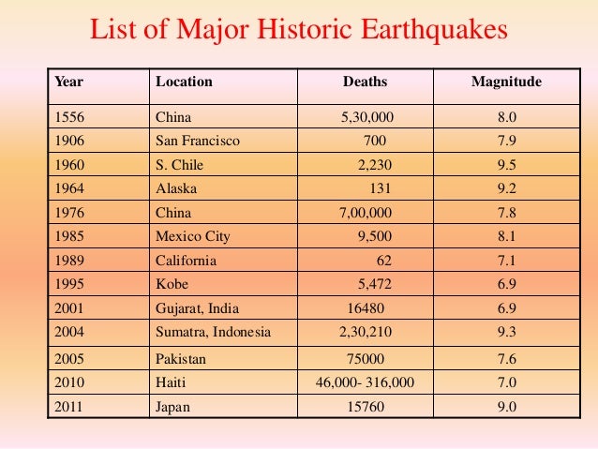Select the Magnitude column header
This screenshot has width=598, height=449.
pyautogui.click(x=506, y=82)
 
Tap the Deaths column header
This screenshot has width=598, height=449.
pyautogui.click(x=365, y=82)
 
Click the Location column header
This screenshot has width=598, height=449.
pyautogui.click(x=184, y=82)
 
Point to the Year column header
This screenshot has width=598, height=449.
pyautogui.click(x=69, y=82)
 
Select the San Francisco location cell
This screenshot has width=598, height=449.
pyautogui.click(x=198, y=141)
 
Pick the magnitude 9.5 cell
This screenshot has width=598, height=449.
pyautogui.click(x=506, y=165)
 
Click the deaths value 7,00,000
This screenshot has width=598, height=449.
pyautogui.click(x=366, y=213)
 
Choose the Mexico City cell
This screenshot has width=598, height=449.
pyautogui.click(x=192, y=236)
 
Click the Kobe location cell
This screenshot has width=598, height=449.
pyautogui.click(x=172, y=284)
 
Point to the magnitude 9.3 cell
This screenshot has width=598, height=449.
pyautogui.click(x=506, y=332)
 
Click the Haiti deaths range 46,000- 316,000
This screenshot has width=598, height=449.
pyautogui.click(x=365, y=383)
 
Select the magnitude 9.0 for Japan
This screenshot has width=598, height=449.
pyautogui.click(x=506, y=407)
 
